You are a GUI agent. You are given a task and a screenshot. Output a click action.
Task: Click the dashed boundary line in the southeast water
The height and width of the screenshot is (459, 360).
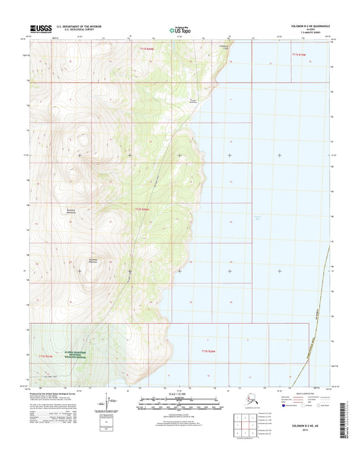tap(317, 304)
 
